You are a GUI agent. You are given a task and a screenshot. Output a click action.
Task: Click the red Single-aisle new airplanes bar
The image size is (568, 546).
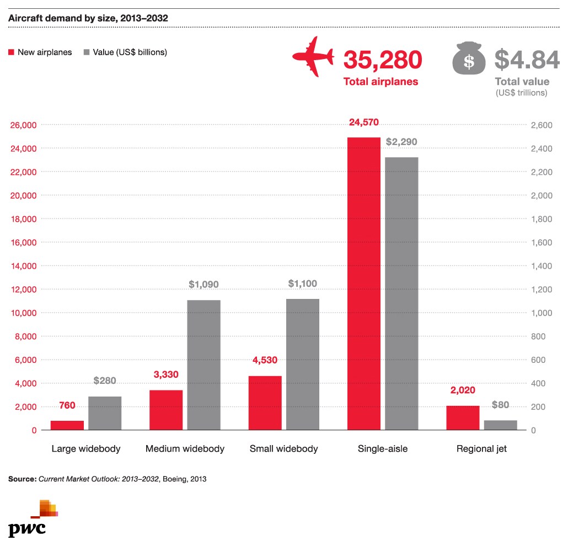364,283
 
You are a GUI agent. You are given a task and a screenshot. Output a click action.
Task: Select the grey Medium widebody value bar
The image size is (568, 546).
203,365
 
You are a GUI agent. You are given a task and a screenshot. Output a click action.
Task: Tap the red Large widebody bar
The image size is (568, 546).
67,425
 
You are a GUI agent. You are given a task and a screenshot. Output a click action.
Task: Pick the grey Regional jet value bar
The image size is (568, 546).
501,425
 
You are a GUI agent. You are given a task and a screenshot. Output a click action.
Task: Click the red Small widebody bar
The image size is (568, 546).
265,403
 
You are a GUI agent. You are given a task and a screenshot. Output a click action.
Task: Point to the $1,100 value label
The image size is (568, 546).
303,284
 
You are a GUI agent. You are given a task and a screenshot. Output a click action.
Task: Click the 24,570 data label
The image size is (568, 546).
364,122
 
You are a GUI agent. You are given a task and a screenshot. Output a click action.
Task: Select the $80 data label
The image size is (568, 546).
500,405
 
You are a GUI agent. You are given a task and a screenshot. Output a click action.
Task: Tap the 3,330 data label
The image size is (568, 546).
166,375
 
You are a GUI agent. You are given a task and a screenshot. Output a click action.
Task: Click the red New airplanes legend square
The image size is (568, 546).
11,52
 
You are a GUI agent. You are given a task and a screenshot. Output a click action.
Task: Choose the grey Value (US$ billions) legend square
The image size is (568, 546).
87,52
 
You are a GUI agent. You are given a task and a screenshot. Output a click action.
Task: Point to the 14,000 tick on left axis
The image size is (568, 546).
24,266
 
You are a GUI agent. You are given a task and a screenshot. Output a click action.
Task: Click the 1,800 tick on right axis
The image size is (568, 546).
540,219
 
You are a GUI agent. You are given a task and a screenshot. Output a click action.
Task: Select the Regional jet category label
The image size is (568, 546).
481,449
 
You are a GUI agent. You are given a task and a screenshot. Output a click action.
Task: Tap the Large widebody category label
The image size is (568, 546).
85,449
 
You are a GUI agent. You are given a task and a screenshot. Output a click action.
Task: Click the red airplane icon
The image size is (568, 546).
313,57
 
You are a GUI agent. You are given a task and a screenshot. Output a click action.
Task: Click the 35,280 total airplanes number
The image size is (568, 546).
383,60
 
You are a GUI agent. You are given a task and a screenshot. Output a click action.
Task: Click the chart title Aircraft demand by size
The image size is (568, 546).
88,18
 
